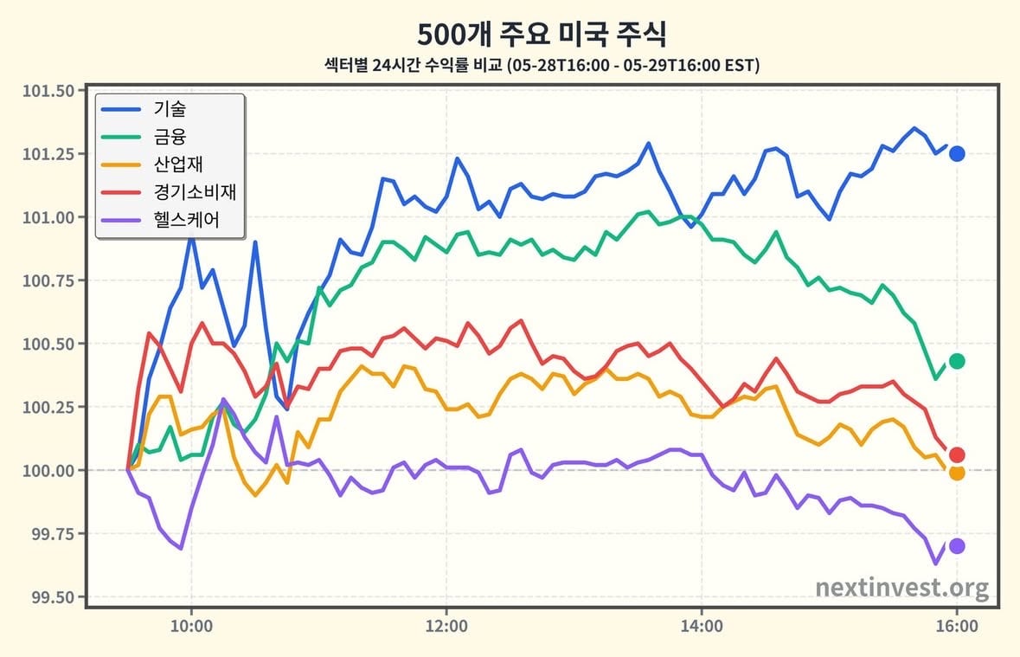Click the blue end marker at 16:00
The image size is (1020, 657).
(957, 154)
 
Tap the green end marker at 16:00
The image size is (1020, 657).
(957, 361)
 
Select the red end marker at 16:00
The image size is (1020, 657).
(957, 454)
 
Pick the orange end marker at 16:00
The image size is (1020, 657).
(957, 473)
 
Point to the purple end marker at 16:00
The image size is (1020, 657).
(957, 545)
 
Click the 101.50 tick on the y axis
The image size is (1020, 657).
(48, 91)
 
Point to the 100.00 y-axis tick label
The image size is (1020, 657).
(48, 470)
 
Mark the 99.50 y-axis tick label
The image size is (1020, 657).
(53, 596)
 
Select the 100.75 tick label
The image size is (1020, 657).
(48, 280)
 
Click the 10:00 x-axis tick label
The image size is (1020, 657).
(191, 627)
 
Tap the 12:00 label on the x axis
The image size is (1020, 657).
(446, 627)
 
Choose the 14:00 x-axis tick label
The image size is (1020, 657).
(702, 627)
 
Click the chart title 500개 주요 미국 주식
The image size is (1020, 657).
(542, 34)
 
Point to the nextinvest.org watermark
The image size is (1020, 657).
(901, 588)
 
